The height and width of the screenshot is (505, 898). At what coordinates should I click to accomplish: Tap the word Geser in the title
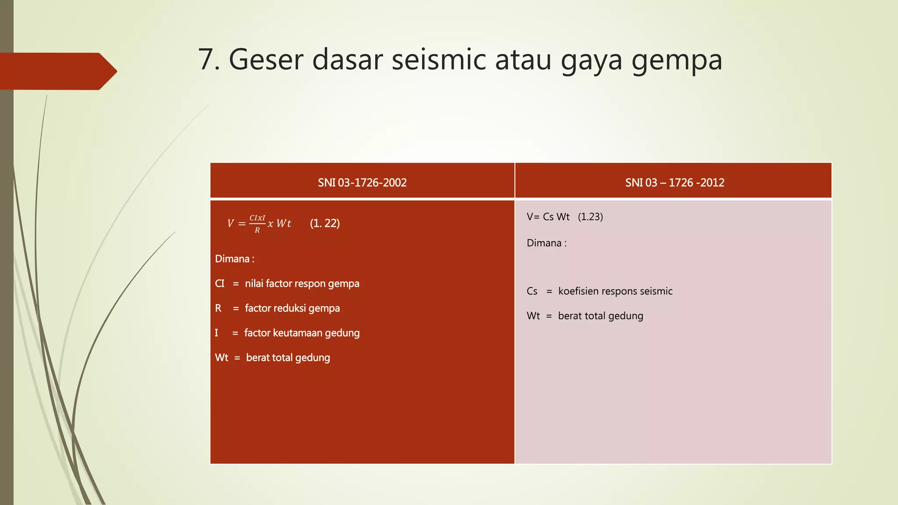(265, 60)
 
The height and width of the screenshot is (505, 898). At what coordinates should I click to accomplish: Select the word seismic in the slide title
(438, 60)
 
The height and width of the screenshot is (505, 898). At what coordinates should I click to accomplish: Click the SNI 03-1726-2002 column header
(362, 182)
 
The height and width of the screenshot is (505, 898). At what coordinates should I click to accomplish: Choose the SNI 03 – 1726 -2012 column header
(674, 182)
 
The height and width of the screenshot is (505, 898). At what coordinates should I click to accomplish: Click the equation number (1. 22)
(325, 223)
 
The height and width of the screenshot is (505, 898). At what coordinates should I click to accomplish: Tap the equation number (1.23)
(590, 217)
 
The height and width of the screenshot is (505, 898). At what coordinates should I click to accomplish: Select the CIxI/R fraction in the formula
(257, 224)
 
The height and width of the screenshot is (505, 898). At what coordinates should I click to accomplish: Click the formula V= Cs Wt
(548, 217)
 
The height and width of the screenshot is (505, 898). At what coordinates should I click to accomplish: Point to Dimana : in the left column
(235, 259)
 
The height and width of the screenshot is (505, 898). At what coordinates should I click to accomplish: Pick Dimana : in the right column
(546, 243)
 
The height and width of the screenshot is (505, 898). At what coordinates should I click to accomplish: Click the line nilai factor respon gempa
(302, 284)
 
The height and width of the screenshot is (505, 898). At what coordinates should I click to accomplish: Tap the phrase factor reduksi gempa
(292, 308)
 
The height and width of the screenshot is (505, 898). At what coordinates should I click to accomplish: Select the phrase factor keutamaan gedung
(302, 333)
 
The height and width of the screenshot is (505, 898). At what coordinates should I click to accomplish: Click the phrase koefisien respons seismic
(615, 291)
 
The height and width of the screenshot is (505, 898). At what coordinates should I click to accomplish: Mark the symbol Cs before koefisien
(532, 291)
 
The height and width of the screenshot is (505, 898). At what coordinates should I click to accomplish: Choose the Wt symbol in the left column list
(221, 358)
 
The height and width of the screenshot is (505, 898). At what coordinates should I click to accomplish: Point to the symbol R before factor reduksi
(218, 308)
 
